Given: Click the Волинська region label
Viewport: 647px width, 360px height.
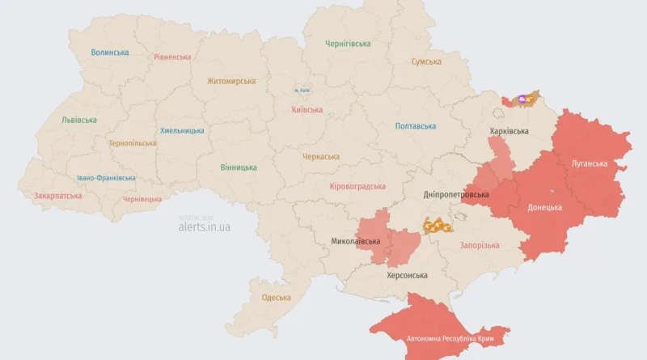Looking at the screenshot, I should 109,53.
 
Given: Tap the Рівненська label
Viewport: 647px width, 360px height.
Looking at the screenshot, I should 172,57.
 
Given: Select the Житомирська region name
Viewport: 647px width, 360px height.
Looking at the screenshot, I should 230,81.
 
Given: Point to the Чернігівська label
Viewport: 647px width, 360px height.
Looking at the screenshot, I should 348,44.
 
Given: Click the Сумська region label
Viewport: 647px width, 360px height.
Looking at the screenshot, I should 426,61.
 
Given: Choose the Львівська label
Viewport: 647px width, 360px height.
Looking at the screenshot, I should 79,120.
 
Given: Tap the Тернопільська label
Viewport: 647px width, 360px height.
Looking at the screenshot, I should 133,143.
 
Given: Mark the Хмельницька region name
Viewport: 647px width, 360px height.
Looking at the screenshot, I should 182,130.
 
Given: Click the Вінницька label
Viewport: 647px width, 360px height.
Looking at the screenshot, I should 239,167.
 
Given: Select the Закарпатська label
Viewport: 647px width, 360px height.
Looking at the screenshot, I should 57,196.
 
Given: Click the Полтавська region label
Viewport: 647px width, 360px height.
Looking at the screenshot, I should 416,126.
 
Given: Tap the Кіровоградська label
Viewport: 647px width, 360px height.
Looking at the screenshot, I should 357,186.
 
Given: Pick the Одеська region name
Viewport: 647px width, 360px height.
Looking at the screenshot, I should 276,298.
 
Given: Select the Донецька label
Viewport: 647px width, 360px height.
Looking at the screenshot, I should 544,207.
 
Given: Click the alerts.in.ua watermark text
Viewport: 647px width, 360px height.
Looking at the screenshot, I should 204,227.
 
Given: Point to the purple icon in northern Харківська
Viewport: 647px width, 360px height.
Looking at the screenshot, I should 522,99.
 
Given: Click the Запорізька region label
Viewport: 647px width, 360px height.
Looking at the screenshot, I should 479,245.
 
